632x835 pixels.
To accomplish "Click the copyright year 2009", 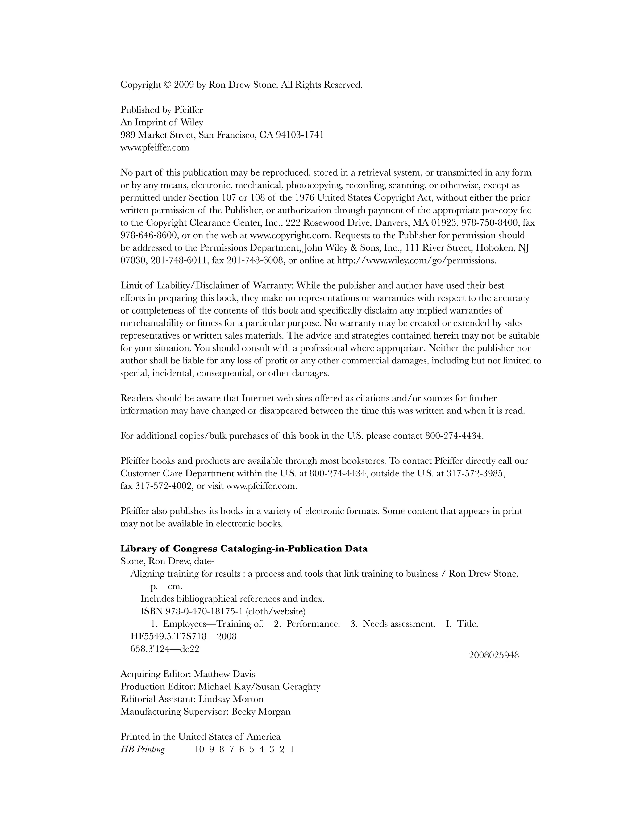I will pyautogui.click(x=184, y=85).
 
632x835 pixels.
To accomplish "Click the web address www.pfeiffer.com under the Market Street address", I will pyautogui.click(x=155, y=147).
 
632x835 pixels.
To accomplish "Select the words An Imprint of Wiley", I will pyautogui.click(x=162, y=123).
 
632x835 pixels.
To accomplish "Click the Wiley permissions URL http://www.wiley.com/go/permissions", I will pyautogui.click(x=416, y=260).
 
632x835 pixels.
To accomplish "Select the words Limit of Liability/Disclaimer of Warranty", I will pyautogui.click(x=207, y=286).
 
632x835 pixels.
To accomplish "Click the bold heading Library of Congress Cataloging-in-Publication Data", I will pyautogui.click(x=244, y=549).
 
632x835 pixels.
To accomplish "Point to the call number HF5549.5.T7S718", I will pyautogui.click(x=168, y=637).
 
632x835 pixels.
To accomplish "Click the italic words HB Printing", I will pyautogui.click(x=142, y=749).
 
